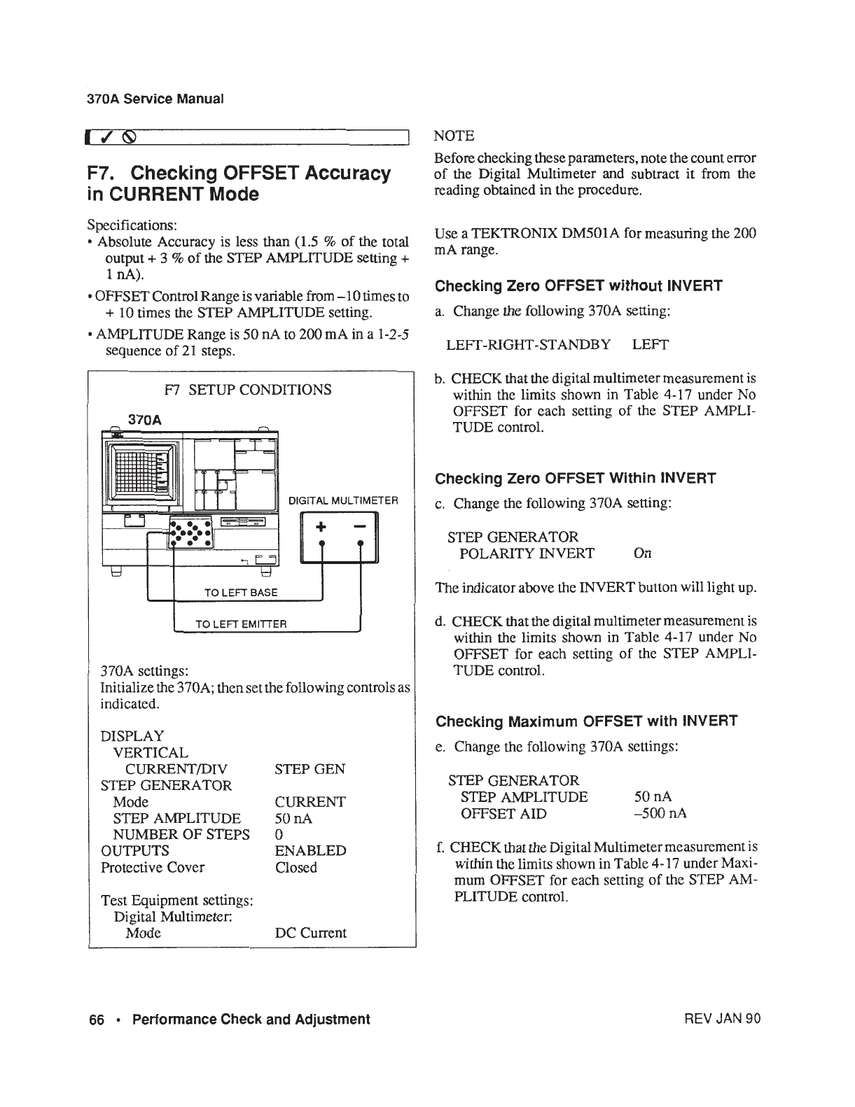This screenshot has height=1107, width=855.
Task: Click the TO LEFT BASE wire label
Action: [x=240, y=593]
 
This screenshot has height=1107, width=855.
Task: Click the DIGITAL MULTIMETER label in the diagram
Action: [x=343, y=500]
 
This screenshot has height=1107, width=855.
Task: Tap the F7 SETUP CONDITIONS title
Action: [x=247, y=390]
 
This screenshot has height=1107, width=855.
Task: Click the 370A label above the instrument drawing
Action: [x=144, y=420]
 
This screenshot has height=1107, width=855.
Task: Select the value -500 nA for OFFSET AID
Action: [x=660, y=814]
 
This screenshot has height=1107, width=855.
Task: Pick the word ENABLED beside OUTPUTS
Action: [x=310, y=851]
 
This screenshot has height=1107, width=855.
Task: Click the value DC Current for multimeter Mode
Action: [x=310, y=933]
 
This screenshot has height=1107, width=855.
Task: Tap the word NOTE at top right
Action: [x=454, y=136]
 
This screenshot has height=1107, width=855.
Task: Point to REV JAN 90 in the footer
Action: [x=722, y=1019]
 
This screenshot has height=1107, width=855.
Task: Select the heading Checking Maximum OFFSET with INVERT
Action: [x=586, y=721]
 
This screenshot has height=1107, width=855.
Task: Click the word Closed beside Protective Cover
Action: [x=296, y=868]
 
